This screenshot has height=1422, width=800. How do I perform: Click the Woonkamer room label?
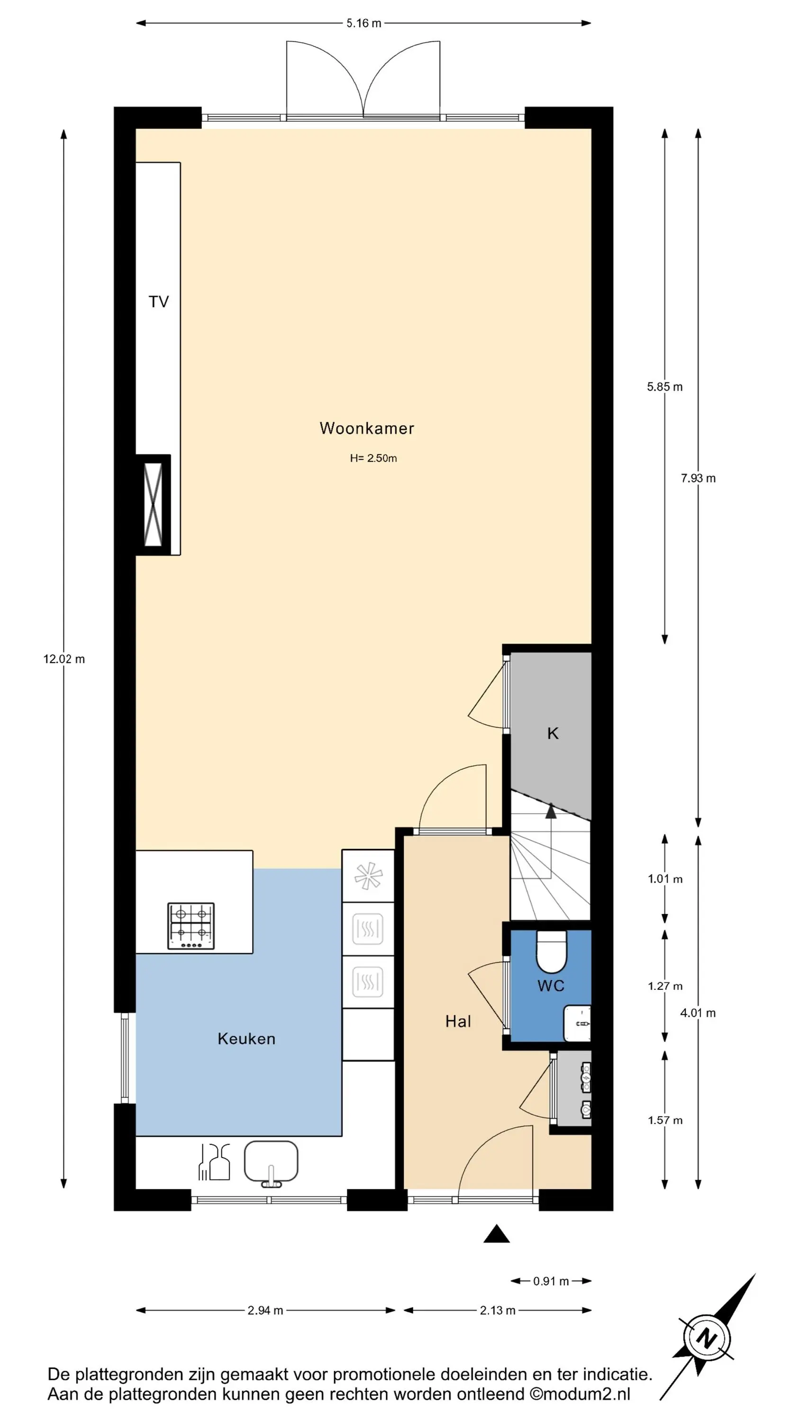point(367,428)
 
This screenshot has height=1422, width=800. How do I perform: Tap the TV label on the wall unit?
point(158,302)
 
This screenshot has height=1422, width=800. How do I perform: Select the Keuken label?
point(246,1039)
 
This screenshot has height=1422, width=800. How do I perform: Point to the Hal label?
point(458,1021)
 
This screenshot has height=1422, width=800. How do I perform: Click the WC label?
point(551,985)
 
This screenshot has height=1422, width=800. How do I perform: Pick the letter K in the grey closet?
point(553,733)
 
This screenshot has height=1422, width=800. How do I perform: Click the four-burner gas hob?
point(191,926)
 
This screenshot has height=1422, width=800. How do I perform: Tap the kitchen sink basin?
point(271,1161)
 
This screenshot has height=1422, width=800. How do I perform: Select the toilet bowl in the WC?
point(552,953)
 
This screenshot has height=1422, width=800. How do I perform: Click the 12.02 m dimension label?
point(64,659)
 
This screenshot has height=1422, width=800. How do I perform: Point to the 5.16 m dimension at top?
point(364,23)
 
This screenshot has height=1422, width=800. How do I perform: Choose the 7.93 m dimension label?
point(698,479)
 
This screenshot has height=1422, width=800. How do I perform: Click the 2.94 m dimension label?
point(265,1311)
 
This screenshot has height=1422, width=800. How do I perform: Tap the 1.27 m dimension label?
point(665,986)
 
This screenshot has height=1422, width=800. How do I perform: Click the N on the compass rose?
point(706,1339)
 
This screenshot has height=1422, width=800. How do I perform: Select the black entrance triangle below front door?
point(496,1234)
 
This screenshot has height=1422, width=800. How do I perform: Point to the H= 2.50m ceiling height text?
point(373,458)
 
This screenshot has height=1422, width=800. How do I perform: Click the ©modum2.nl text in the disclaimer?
point(580,1395)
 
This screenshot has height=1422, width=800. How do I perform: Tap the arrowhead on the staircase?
point(551,811)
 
